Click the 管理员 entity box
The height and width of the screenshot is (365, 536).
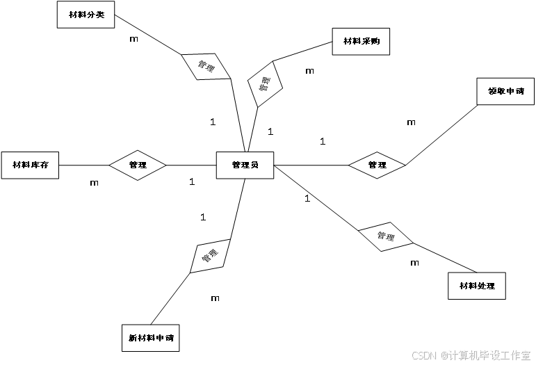click(x=245, y=165)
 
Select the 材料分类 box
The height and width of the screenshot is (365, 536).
click(x=86, y=14)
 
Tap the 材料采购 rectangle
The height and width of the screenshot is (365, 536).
click(x=361, y=41)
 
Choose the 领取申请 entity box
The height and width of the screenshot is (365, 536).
click(x=505, y=91)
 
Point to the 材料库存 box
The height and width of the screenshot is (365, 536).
click(x=30, y=165)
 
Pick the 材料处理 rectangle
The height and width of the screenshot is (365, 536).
click(x=477, y=286)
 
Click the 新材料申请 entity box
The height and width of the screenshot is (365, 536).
click(x=150, y=338)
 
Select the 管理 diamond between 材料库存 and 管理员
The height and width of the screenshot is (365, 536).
click(x=138, y=165)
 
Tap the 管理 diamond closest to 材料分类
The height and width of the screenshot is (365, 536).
click(x=206, y=67)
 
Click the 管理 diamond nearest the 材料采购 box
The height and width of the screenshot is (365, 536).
click(x=265, y=85)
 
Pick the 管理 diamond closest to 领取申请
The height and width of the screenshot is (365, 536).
click(x=377, y=165)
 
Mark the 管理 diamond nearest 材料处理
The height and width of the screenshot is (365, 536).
click(x=385, y=237)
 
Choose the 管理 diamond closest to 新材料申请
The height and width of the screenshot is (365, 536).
click(x=210, y=256)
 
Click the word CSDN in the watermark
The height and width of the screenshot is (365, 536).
click(x=423, y=355)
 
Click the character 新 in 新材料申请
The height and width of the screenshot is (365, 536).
click(x=132, y=338)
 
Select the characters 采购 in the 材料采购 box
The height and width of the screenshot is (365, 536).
click(x=370, y=41)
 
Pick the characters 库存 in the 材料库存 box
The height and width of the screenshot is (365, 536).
click(x=39, y=165)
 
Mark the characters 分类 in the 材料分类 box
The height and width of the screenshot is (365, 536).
click(x=95, y=14)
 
